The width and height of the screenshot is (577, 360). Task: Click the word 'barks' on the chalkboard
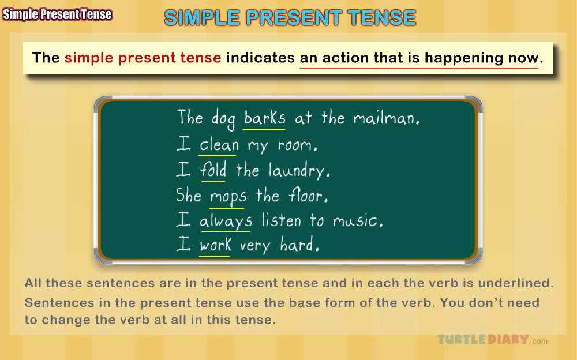264,118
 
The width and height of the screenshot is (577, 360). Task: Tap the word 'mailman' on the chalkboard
385,118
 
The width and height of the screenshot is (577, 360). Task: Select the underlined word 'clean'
219,144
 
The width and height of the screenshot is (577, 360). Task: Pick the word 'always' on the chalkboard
226,221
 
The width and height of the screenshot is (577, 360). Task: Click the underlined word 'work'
215,245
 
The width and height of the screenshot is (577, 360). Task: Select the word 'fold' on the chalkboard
213,170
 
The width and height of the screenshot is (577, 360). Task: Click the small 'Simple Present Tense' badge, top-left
57,15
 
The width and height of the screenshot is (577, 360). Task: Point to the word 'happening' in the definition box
464,58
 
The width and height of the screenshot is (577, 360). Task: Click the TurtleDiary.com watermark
492,339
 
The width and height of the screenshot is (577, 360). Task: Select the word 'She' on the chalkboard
189,195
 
